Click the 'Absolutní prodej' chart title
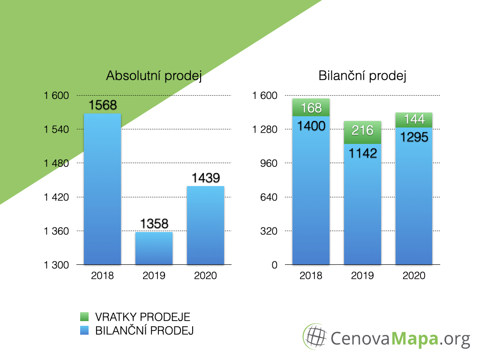point(154,75)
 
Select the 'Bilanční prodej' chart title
point(362,75)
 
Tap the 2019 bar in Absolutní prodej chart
point(154,248)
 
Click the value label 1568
point(103,105)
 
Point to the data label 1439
point(206,178)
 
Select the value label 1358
point(154,224)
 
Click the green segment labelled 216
point(362,133)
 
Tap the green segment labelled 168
point(311,107)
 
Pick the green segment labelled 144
point(414,120)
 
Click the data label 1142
point(363,153)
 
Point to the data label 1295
point(414,137)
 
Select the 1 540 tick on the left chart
point(56,129)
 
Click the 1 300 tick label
point(56,265)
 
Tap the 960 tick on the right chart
point(269,163)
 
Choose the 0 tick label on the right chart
point(275,265)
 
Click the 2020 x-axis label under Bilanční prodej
point(414,276)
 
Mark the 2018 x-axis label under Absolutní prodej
point(102,276)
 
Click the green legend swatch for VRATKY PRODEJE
point(84,316)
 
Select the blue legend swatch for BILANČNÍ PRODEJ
point(84,330)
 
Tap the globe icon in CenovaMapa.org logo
point(315,337)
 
